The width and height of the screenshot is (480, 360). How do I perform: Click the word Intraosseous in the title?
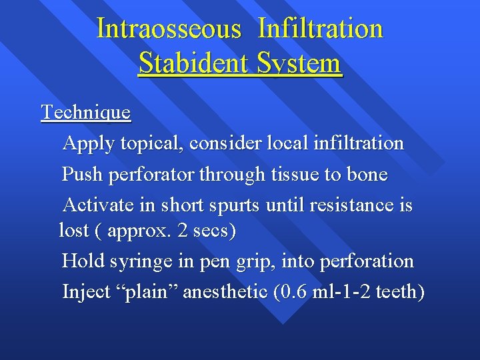click(169, 29)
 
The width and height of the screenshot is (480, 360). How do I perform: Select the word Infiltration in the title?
click(321, 29)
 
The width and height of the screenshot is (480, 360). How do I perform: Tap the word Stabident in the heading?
click(190, 64)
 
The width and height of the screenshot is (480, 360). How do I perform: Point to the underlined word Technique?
click(86, 112)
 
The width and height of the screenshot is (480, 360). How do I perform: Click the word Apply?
click(88, 143)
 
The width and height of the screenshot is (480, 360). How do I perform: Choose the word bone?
click(365, 175)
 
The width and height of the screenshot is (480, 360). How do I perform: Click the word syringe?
click(146, 261)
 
